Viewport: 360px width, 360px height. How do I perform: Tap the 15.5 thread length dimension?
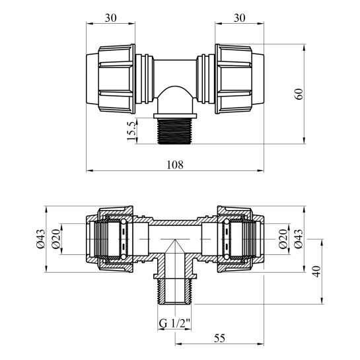[x=131, y=129]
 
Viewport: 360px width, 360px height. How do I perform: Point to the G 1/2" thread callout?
[x=174, y=323]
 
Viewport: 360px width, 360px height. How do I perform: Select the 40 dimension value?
[x=318, y=271]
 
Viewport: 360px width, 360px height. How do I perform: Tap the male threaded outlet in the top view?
[x=175, y=130]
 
